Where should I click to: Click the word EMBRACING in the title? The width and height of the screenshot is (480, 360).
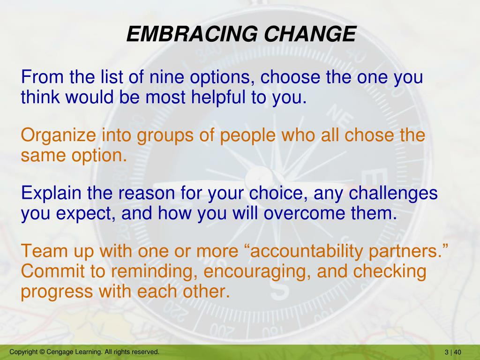click(192, 34)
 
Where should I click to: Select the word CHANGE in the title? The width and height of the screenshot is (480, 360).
click(310, 34)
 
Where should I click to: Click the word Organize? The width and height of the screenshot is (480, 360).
click(58, 135)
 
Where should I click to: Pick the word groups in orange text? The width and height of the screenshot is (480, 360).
click(165, 135)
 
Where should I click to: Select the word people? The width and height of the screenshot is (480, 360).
click(247, 135)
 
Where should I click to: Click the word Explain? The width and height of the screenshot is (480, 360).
click(51, 194)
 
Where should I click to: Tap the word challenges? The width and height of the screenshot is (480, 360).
click(393, 194)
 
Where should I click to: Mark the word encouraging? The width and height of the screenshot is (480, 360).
click(255, 272)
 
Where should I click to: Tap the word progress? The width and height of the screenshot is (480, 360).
click(57, 292)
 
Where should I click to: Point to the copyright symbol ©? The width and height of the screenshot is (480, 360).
click(42, 352)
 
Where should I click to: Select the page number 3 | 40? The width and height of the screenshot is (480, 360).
click(453, 352)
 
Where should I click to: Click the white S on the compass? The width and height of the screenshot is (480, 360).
click(279, 289)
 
